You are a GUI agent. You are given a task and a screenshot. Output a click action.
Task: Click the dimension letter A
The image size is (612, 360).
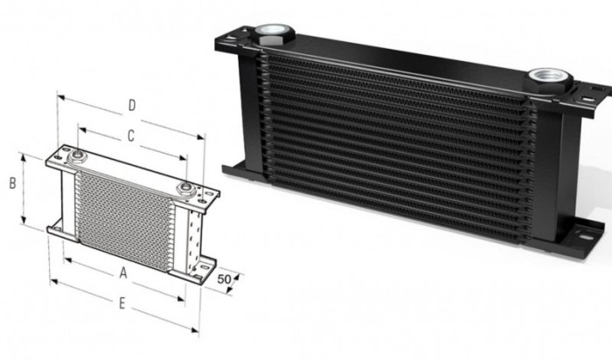point(123,273)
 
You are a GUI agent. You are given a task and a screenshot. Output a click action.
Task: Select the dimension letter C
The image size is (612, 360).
point(129,136)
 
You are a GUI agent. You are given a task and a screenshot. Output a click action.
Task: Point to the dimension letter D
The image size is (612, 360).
point(130,106)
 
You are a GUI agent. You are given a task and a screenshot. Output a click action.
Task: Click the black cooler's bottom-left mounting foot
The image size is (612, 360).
point(234,168)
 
